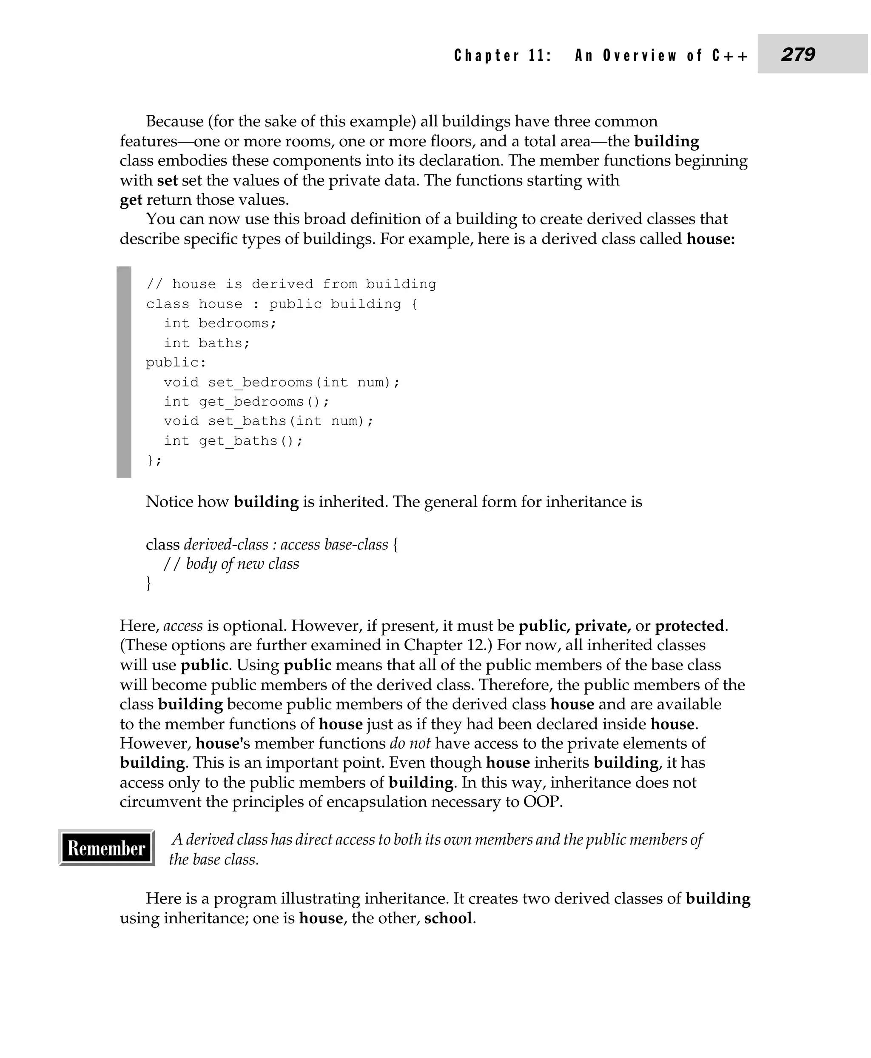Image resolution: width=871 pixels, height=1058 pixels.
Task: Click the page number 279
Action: pyautogui.click(x=798, y=54)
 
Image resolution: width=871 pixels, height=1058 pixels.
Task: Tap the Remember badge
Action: pyautogui.click(x=106, y=848)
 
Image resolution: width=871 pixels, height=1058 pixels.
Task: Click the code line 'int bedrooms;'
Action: pyautogui.click(x=220, y=323)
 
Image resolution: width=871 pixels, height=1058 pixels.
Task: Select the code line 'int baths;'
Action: pyautogui.click(x=207, y=343)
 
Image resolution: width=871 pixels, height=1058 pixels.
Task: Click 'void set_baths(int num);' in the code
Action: pyautogui.click(x=268, y=421)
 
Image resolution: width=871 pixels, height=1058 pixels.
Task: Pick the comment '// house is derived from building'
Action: pyautogui.click(x=291, y=284)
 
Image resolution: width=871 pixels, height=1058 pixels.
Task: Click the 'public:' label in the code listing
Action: pyautogui.click(x=176, y=363)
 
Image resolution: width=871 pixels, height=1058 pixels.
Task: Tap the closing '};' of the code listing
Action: pyautogui.click(x=154, y=460)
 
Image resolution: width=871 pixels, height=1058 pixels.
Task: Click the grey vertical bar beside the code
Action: pyautogui.click(x=124, y=372)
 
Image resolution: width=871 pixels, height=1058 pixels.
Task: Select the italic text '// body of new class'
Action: pyautogui.click(x=231, y=564)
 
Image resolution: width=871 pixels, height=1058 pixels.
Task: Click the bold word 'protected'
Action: pyautogui.click(x=689, y=626)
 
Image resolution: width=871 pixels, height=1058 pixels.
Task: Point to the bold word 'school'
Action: pyautogui.click(x=448, y=918)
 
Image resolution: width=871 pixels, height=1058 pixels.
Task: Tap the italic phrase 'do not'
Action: pyautogui.click(x=410, y=743)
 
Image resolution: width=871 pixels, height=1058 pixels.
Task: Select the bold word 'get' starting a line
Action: pyautogui.click(x=131, y=200)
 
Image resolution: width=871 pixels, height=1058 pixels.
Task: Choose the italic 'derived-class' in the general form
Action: pyautogui.click(x=226, y=545)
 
